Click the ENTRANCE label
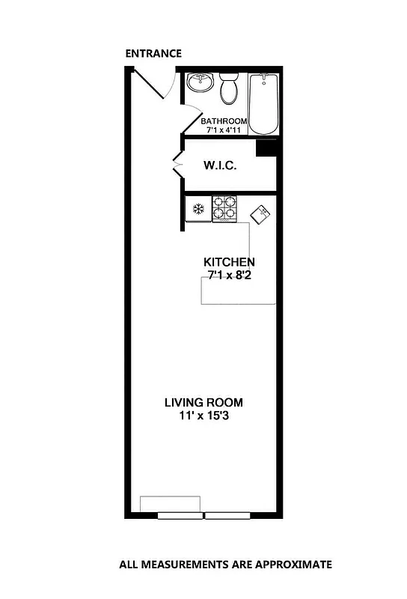(153, 53)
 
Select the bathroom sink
(200, 83)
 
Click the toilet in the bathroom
(229, 90)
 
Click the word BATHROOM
(224, 121)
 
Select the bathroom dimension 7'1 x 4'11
(224, 130)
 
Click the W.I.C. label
(220, 165)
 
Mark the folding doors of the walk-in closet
(177, 165)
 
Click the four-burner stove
(224, 208)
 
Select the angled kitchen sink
(260, 215)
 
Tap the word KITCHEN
(230, 262)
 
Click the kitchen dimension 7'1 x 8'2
(230, 276)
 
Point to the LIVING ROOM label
(203, 402)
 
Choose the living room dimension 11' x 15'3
(203, 416)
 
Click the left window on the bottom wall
(180, 515)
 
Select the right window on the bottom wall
(228, 515)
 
